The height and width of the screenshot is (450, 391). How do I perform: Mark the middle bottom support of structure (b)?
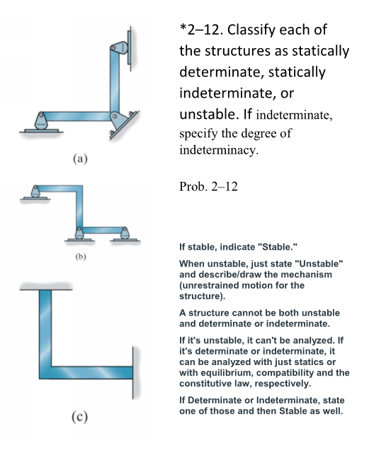coord(80,233)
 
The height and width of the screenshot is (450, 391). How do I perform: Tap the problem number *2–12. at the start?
coord(201,32)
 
